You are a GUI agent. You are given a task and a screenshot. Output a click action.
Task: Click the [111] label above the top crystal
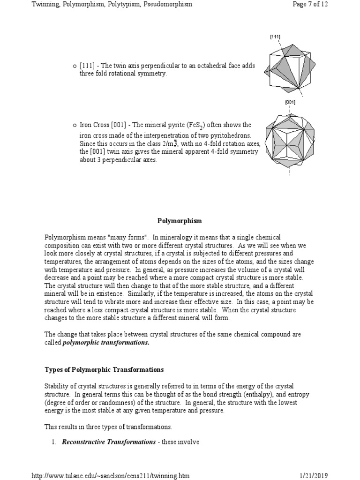click(275, 37)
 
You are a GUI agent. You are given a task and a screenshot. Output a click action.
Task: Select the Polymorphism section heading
click(180, 220)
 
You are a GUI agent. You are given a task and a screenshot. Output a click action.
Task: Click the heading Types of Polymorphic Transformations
click(104, 369)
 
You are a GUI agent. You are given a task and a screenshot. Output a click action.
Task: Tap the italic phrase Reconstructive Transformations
click(109, 442)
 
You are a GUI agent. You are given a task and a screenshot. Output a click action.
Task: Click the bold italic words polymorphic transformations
click(112, 343)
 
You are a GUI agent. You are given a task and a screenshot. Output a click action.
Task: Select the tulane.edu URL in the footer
click(111, 475)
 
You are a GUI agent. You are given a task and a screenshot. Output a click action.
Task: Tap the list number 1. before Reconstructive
click(54, 442)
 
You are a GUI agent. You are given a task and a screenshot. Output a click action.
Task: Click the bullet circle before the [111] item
click(74, 66)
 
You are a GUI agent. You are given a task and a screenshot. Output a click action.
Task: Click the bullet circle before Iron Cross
click(74, 125)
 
